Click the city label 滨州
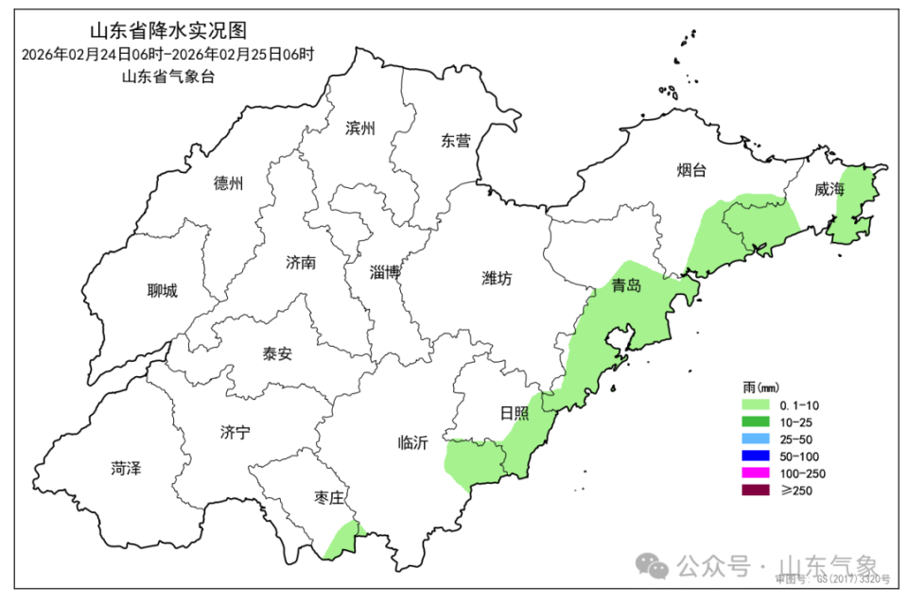(x=360, y=129)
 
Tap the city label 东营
(x=455, y=141)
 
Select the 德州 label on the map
(x=228, y=183)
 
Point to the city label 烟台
(x=691, y=170)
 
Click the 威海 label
(x=829, y=189)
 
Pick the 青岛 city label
(x=626, y=285)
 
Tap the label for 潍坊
(x=497, y=279)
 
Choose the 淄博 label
(x=385, y=273)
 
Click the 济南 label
(x=301, y=263)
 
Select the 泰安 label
(x=277, y=354)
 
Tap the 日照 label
(x=515, y=413)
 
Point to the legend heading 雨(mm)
(x=760, y=388)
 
